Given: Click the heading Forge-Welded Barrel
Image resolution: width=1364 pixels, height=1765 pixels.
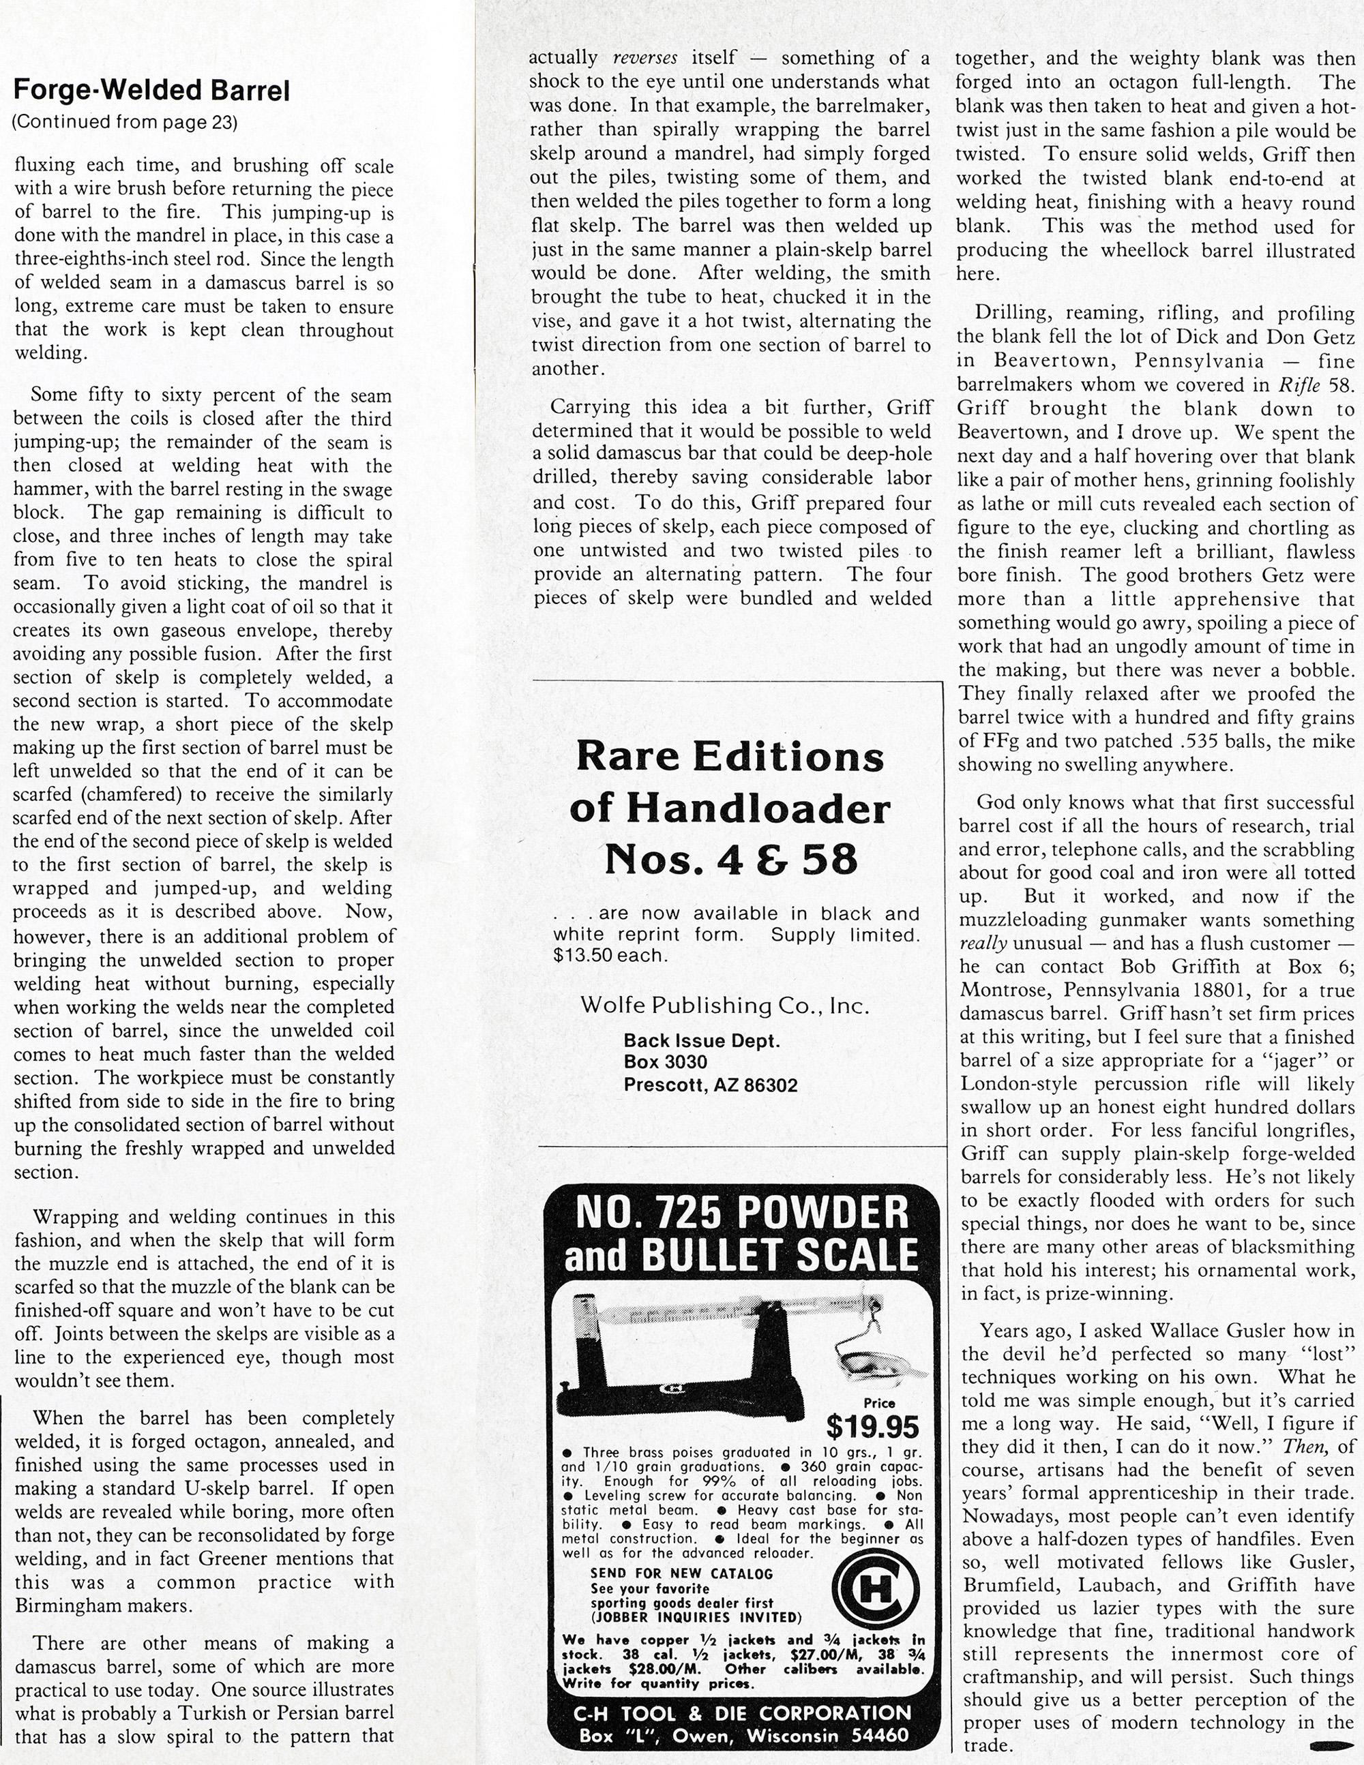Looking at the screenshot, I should click(151, 91).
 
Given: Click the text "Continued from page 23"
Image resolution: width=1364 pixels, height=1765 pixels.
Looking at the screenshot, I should click(125, 123).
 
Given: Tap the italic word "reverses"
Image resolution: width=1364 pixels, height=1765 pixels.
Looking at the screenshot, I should click(646, 58).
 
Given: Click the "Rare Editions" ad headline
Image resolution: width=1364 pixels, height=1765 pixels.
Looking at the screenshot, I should click(730, 757).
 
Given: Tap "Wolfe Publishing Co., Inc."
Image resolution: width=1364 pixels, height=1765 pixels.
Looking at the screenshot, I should click(724, 1006).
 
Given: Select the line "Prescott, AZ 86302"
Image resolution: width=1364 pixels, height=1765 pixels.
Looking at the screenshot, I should click(710, 1085).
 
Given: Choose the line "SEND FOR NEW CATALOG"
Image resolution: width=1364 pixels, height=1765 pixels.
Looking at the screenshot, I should click(681, 1573).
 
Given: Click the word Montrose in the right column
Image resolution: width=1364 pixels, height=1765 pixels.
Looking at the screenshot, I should click(1003, 990).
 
